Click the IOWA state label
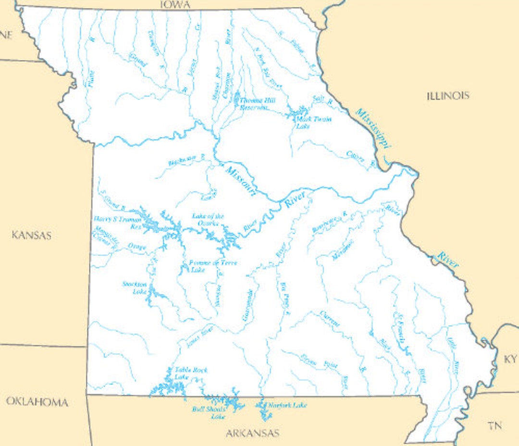(x=175, y=5)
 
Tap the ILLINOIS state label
(x=448, y=96)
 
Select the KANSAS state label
(x=31, y=235)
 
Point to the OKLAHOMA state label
(x=37, y=402)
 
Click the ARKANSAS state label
(x=252, y=433)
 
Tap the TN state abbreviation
(x=495, y=425)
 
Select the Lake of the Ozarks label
(x=208, y=219)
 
